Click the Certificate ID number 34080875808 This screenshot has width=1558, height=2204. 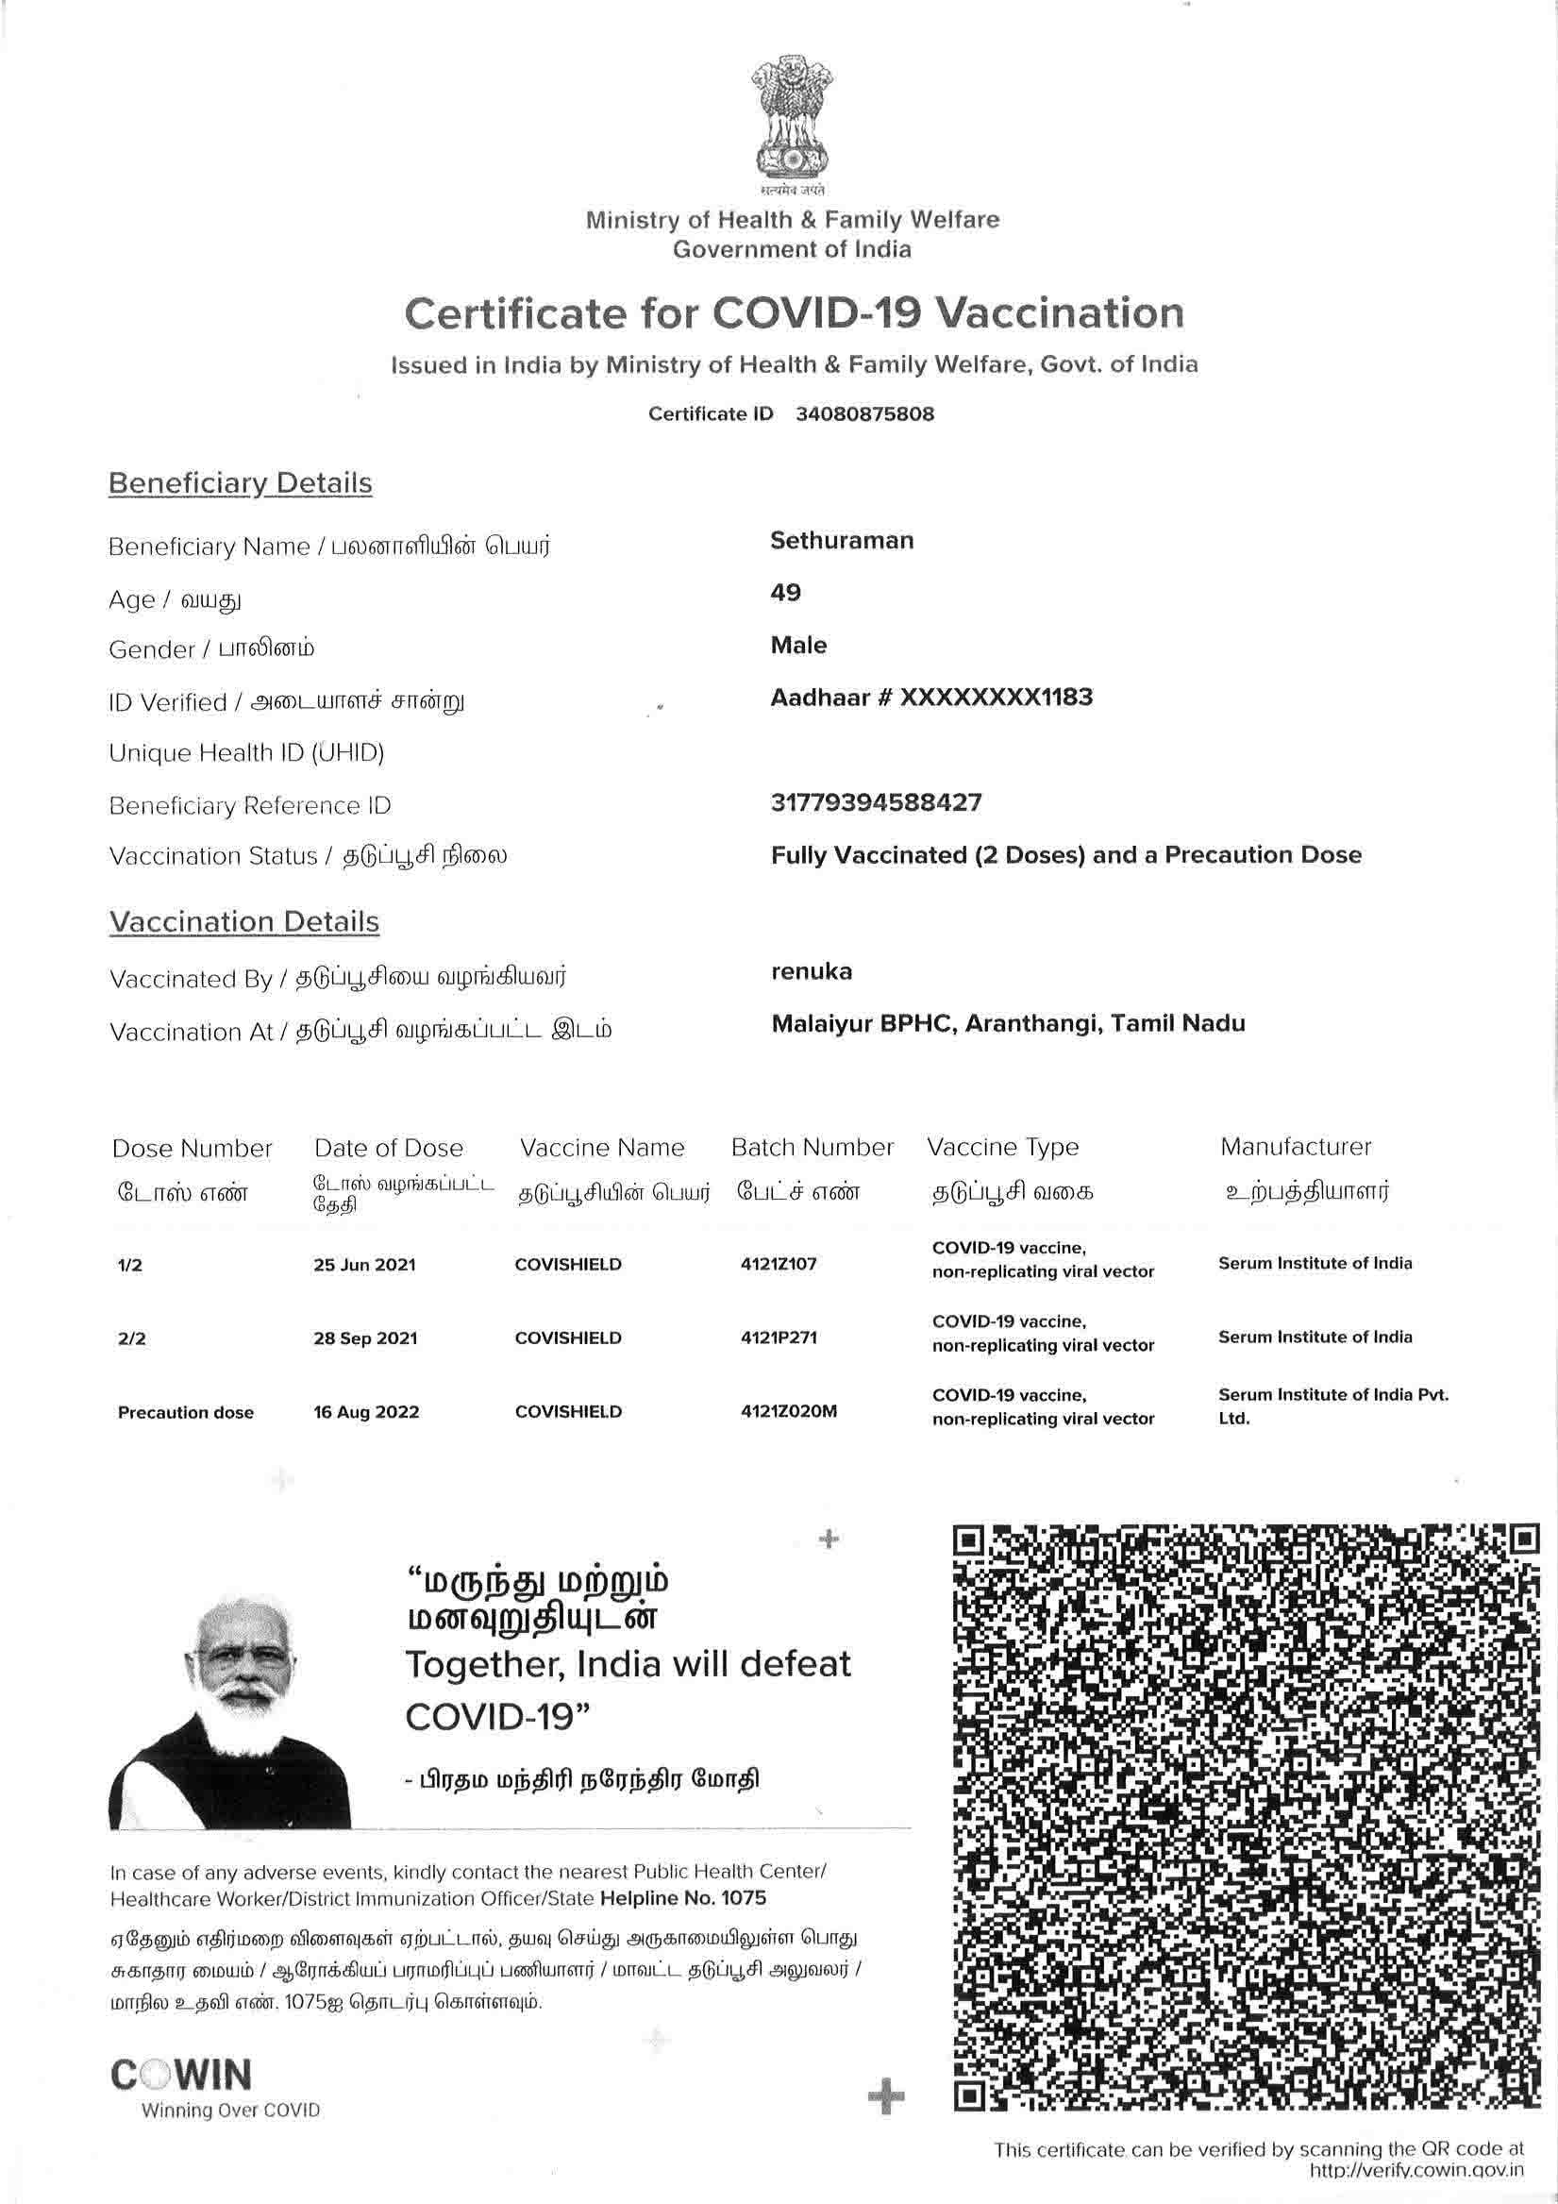(x=864, y=413)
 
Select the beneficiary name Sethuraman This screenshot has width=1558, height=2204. (x=841, y=541)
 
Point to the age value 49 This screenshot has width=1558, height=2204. (x=785, y=592)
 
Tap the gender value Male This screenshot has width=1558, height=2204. (x=797, y=645)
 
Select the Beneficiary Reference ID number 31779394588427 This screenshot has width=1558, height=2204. (x=876, y=802)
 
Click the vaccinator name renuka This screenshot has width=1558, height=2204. (x=812, y=971)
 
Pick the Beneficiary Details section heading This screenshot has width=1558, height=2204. (x=240, y=483)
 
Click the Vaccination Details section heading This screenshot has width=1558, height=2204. (x=243, y=921)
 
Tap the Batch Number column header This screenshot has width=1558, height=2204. (x=812, y=1147)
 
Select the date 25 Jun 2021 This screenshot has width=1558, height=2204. (x=364, y=1265)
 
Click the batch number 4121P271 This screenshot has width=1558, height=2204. (x=779, y=1338)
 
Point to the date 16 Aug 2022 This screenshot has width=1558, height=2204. (x=366, y=1412)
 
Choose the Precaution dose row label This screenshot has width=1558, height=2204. (x=185, y=1412)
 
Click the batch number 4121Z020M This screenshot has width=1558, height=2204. (x=788, y=1411)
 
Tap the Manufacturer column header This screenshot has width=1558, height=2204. (x=1295, y=1146)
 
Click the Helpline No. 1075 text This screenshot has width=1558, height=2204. (x=682, y=1898)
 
